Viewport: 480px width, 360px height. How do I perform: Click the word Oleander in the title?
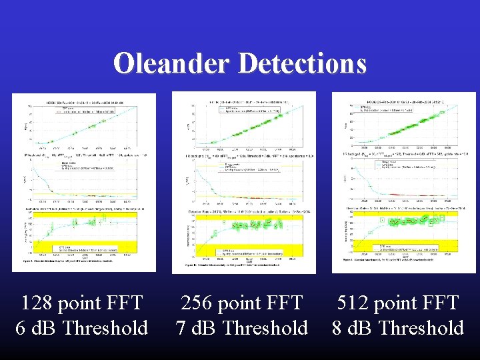click(172, 63)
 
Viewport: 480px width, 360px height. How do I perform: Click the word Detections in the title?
click(301, 63)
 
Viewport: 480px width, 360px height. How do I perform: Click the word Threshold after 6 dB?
click(105, 328)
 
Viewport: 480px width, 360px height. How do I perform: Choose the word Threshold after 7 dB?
click(265, 328)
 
